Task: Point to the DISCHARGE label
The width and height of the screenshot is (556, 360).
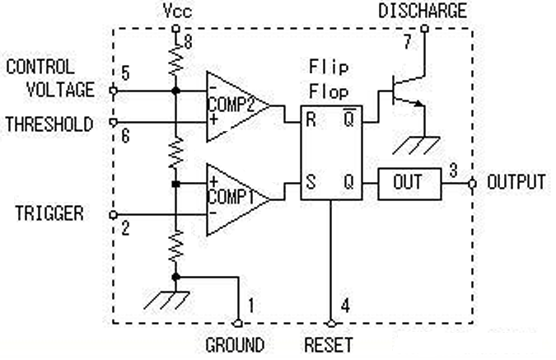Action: click(422, 11)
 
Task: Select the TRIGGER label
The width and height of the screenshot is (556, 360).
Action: click(49, 213)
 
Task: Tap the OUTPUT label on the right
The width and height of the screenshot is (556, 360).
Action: click(516, 182)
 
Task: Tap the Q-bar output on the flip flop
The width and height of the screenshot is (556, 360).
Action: click(349, 119)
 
